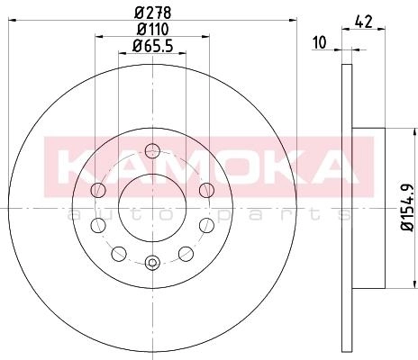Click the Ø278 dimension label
(x=153, y=13)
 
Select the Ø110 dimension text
(x=153, y=29)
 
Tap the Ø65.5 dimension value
(x=153, y=46)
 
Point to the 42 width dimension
(x=363, y=22)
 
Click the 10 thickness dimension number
(x=319, y=42)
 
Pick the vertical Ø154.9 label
(x=408, y=207)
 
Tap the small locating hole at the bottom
(x=152, y=263)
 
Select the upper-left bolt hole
(x=98, y=190)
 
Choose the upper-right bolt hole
(x=206, y=190)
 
